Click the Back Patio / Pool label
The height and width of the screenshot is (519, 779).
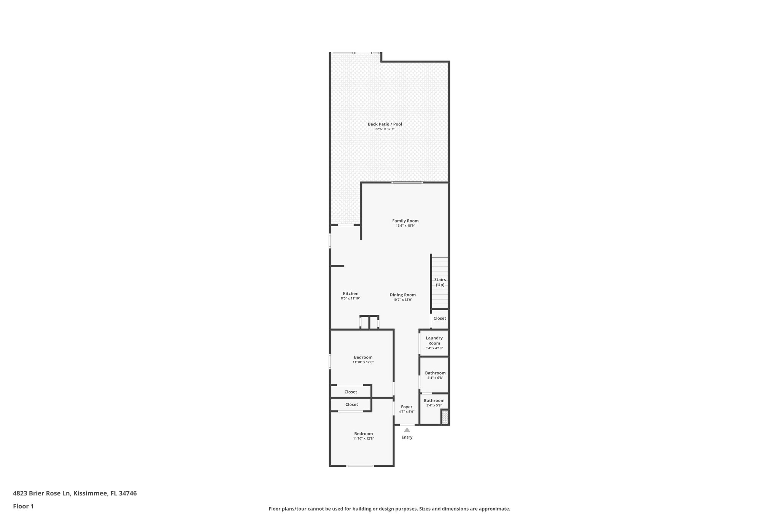[x=385, y=124]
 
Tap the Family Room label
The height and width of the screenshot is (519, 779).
[x=405, y=221]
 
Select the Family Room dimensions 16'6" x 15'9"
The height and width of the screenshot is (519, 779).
[x=405, y=226]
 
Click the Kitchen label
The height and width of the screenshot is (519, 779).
[x=350, y=294]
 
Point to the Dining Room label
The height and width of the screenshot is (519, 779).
[x=402, y=295]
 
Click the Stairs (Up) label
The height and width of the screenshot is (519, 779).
[x=440, y=282]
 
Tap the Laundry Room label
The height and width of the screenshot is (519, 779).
[x=434, y=341]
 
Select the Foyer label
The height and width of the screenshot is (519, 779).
[x=407, y=407]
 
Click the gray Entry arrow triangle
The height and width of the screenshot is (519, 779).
[x=407, y=430]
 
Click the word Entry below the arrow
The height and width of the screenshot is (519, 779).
[x=407, y=437]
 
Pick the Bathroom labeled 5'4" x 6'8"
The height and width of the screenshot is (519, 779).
[x=435, y=373]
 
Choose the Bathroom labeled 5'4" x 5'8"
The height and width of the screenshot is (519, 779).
[x=434, y=400]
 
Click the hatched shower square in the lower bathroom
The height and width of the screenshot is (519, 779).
[x=445, y=417]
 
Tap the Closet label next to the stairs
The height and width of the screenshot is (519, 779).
[x=440, y=318]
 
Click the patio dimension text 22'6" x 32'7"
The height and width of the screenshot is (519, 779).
[x=385, y=129]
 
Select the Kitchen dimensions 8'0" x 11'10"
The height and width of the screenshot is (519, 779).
[x=350, y=298]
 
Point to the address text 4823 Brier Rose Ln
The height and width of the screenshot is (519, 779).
[x=42, y=494]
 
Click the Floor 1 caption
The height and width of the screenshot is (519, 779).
[x=23, y=506]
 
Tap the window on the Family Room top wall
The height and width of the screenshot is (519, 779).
[x=407, y=183]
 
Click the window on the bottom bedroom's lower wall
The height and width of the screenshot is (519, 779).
[x=360, y=466]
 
